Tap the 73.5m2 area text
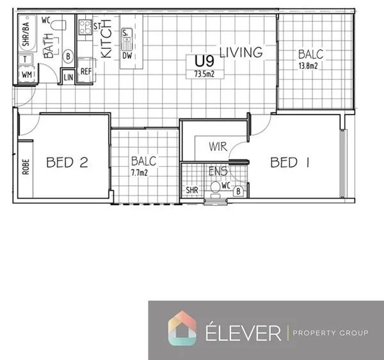click(x=204, y=74)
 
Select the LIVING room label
click(x=241, y=52)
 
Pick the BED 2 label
click(x=67, y=162)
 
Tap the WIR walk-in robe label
click(x=218, y=147)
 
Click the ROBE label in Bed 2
click(x=26, y=167)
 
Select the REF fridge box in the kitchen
click(x=86, y=72)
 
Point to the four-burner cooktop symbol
click(x=84, y=27)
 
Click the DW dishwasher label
click(x=127, y=56)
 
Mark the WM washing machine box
click(x=26, y=75)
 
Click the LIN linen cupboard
click(x=68, y=77)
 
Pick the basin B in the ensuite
click(x=238, y=191)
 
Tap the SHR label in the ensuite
click(x=191, y=191)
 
